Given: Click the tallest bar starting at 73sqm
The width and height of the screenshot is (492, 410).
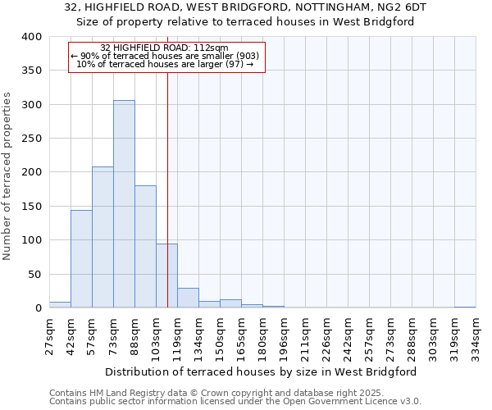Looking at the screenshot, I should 124,204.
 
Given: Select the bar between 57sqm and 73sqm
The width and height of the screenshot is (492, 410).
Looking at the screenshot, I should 102,238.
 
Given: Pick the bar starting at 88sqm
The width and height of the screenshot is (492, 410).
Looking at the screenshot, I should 145,247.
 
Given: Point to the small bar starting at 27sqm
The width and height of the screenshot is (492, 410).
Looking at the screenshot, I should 60,305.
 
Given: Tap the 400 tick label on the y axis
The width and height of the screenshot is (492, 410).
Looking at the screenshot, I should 31,37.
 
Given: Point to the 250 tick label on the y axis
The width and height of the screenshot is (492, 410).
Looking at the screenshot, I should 31,139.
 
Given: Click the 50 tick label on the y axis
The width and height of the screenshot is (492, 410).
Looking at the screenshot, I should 34,275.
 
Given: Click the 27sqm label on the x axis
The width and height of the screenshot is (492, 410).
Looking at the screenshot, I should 50,333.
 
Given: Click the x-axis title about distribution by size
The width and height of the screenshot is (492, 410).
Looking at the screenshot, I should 261,371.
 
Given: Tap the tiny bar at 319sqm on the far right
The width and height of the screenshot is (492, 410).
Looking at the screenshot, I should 465,307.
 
